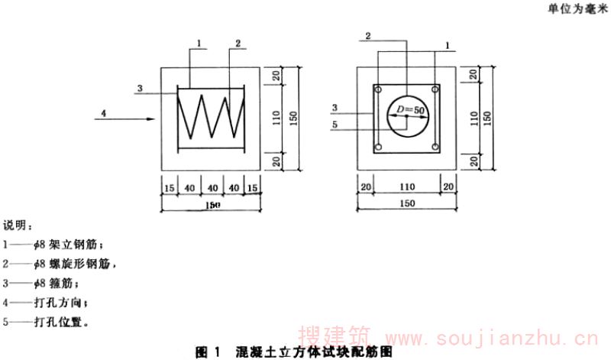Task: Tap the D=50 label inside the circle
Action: coord(411,112)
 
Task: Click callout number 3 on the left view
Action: coord(140,89)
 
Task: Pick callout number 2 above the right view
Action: coord(367,36)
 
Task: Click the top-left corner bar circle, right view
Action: coord(377,89)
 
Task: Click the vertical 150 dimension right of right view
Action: coord(487,118)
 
